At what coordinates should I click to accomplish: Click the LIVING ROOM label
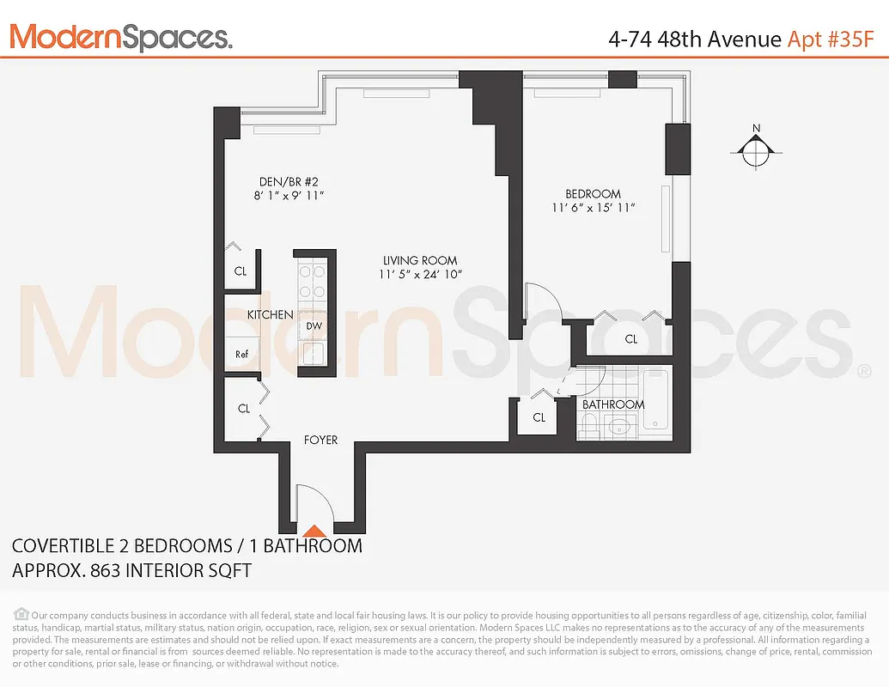point(420,260)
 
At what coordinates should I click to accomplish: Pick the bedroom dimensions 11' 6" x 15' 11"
point(593,208)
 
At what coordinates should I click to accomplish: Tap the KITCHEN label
point(270,315)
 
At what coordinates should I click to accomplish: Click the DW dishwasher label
point(314,325)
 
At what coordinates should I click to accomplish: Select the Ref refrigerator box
point(242,354)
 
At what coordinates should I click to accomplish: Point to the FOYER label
point(320,440)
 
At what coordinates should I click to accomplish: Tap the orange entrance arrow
point(315,531)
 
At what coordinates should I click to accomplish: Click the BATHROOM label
point(613,404)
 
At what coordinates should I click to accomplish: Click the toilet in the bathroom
point(590,424)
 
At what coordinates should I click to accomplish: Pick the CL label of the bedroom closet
point(631,339)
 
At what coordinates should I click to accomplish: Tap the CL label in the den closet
point(241,271)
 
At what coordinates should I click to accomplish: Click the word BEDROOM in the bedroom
point(593,194)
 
